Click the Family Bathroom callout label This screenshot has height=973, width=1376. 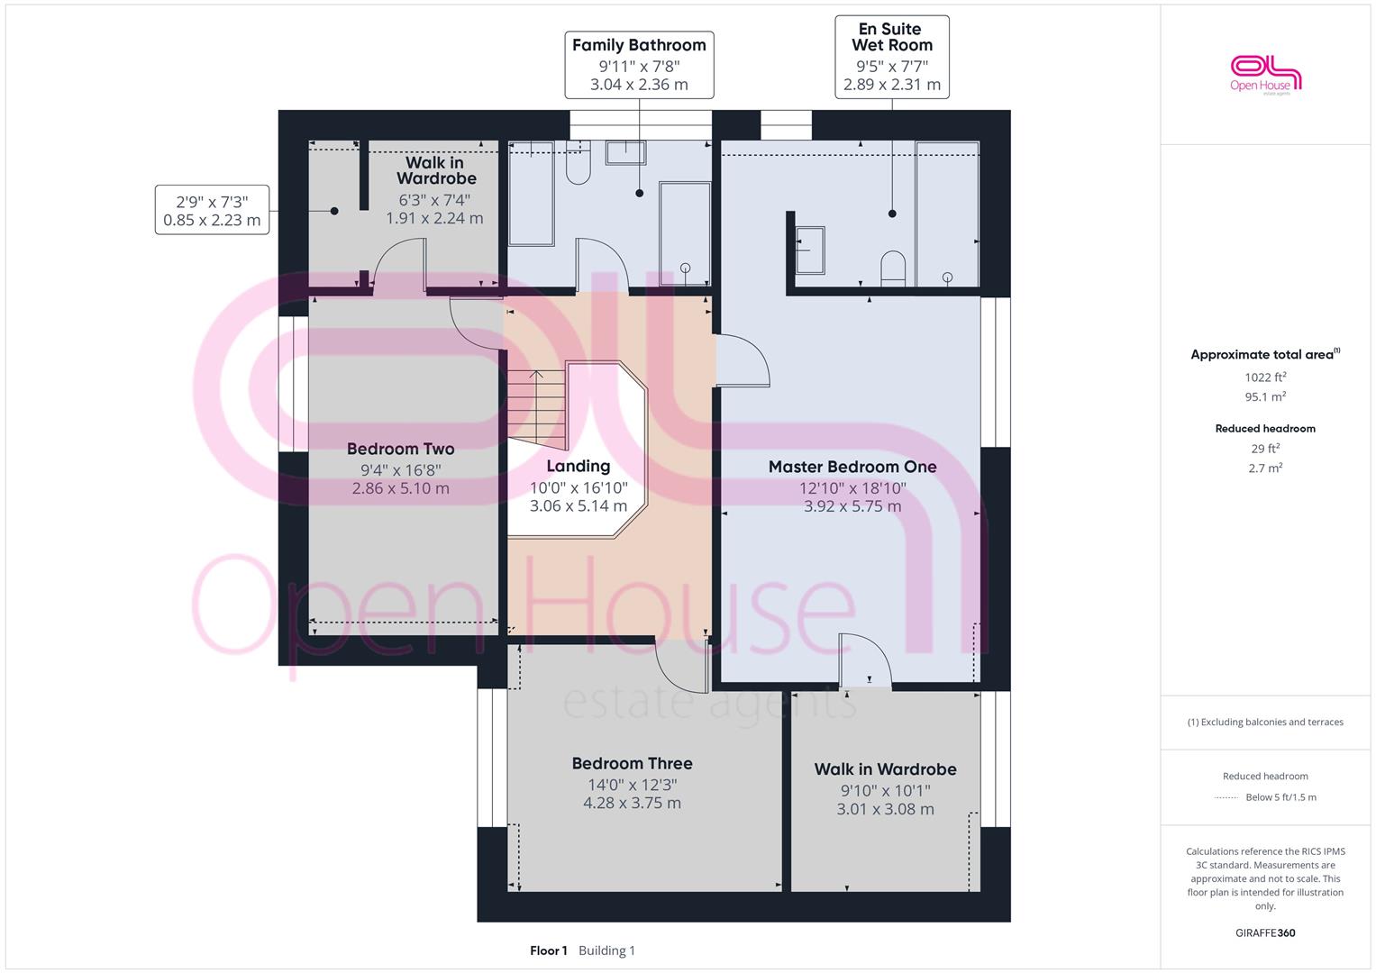(x=639, y=65)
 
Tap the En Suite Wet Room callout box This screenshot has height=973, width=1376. (x=892, y=57)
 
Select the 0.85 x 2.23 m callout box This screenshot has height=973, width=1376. (x=212, y=210)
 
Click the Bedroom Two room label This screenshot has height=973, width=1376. (x=400, y=449)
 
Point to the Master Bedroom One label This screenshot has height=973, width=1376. (x=852, y=467)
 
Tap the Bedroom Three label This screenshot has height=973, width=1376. (x=632, y=764)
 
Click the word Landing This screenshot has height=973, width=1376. (x=578, y=467)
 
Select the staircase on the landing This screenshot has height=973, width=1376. (x=536, y=408)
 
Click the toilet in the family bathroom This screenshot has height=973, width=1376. (x=578, y=162)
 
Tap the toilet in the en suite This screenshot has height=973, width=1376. (x=893, y=268)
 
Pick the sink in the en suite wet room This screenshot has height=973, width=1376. (x=809, y=250)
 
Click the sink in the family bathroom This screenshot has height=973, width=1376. (x=626, y=152)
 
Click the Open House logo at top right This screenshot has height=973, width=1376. (x=1265, y=75)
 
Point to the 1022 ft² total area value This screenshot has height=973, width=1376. (x=1265, y=377)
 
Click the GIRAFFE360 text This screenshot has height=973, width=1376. (x=1265, y=932)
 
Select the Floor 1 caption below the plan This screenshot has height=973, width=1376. (x=548, y=950)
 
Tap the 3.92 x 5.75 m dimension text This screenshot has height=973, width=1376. (x=852, y=506)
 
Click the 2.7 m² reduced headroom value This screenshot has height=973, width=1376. (x=1265, y=468)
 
